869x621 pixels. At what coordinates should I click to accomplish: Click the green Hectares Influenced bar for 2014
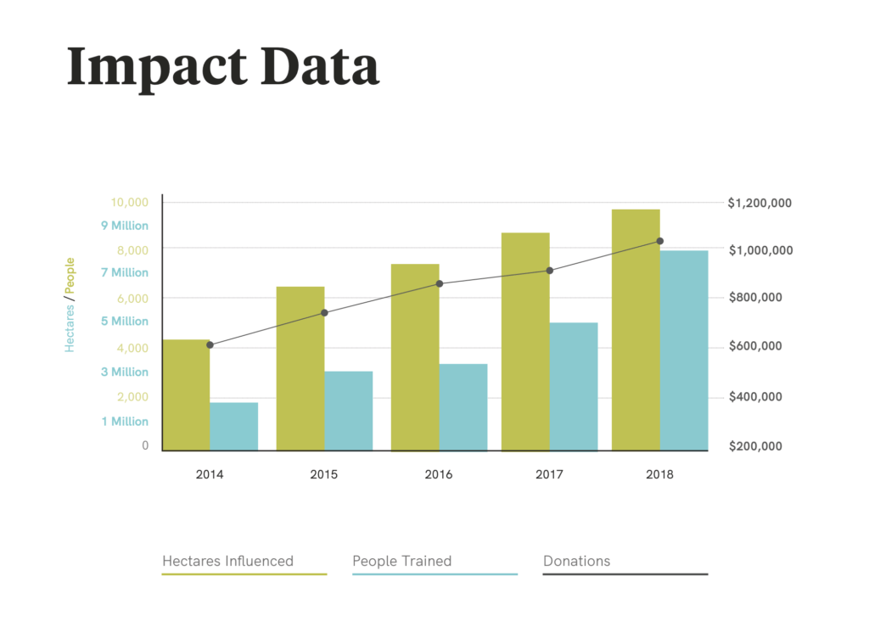pos(186,395)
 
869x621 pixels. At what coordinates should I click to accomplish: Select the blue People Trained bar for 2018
pos(684,350)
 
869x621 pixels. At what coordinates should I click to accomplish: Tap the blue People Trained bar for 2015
pos(349,411)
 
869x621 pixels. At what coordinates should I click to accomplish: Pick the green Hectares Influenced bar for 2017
pos(525,342)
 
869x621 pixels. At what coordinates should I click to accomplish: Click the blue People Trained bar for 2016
pos(463,407)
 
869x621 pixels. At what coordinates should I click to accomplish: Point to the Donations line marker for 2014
pos(210,345)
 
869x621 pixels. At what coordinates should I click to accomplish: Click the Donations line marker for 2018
pos(660,241)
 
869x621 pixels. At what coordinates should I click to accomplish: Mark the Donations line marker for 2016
pos(440,283)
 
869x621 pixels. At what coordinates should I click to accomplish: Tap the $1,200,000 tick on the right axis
pos(760,204)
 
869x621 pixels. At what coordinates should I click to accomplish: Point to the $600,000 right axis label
pos(755,346)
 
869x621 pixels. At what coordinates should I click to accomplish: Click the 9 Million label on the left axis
pos(125,226)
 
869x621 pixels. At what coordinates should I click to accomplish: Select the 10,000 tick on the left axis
pos(130,202)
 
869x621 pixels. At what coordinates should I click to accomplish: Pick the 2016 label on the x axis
pos(439,474)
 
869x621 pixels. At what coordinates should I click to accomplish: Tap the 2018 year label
pos(659,474)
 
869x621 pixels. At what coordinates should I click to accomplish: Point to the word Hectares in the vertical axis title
pos(70,328)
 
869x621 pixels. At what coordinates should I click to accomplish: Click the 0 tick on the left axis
pos(145,445)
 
